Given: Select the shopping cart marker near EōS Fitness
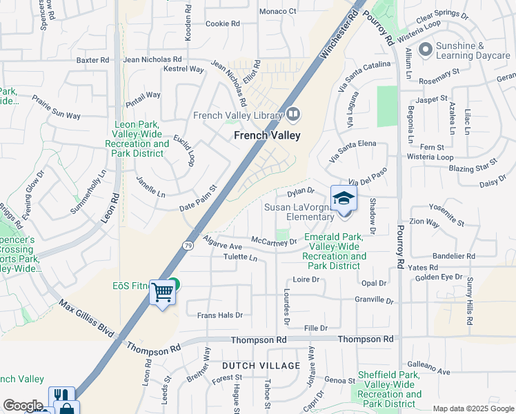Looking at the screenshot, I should [163, 293].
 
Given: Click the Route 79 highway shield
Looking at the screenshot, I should [188, 244].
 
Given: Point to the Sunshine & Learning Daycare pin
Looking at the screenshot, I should [425, 49].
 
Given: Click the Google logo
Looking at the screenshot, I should [23, 406].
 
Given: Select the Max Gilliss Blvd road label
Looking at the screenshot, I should [86, 318].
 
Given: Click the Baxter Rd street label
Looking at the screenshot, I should [93, 61].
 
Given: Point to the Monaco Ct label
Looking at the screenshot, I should [277, 12].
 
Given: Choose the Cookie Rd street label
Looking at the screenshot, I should [223, 23].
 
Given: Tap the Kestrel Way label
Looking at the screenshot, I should [183, 70].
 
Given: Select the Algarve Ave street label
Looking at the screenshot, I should [222, 241].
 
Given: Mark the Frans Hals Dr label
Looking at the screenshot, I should [220, 315].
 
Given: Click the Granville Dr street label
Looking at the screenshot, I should [373, 301].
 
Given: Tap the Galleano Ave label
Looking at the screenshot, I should [428, 369].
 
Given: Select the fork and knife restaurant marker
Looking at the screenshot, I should [61, 396].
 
